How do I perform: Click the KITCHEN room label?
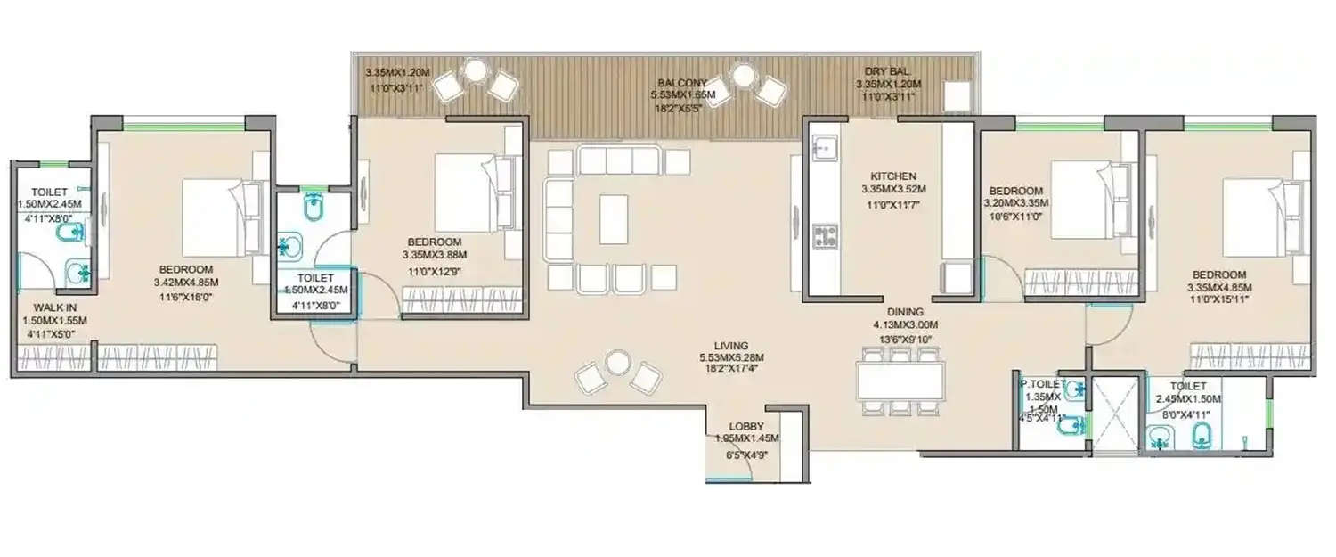(x=894, y=176)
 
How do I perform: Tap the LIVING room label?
(x=730, y=346)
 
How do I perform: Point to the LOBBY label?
(x=746, y=426)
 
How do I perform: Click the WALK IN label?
(x=53, y=307)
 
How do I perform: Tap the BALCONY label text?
(x=682, y=84)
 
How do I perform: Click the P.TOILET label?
(x=1042, y=384)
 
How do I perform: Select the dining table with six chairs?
(x=900, y=381)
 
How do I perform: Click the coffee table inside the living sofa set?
(x=614, y=219)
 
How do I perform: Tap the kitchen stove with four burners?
(x=825, y=236)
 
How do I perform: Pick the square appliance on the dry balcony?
(x=957, y=95)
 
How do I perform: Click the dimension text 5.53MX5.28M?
(x=730, y=358)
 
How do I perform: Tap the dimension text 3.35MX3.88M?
(x=435, y=255)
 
